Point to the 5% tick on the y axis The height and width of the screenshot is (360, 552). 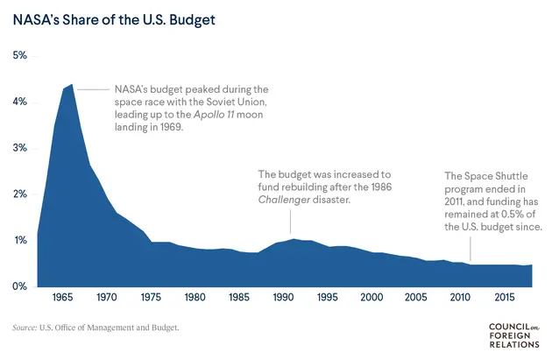[18, 55]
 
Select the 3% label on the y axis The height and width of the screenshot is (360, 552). [18, 148]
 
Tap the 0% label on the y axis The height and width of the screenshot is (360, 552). [18, 286]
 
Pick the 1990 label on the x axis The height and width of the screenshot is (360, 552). [282, 298]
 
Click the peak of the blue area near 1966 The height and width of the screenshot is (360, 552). [71, 86]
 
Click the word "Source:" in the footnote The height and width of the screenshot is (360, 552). [24, 328]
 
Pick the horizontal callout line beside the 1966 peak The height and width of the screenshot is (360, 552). [93, 89]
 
